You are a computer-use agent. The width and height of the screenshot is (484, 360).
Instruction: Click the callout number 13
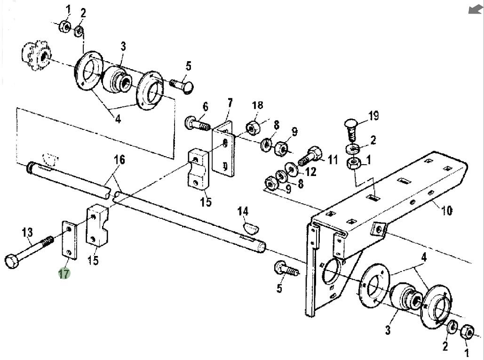coord(28,232)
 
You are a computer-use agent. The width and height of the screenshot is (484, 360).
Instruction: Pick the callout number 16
coord(119,160)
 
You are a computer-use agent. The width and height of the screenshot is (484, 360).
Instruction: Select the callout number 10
coord(447,210)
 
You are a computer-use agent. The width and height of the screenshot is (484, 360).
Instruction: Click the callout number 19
coord(373,115)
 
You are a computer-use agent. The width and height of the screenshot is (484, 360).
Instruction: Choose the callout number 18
coord(258,105)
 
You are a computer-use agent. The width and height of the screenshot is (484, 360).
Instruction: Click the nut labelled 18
coord(254,127)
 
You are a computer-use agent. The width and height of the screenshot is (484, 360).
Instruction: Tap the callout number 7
coord(230,103)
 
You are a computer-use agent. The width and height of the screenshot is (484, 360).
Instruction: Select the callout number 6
coord(205,107)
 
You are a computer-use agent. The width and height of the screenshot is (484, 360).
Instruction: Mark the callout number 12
coord(310,172)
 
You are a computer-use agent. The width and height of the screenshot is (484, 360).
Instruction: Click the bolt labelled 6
coord(196,124)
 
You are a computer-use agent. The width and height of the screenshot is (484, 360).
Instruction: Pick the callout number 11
coord(333,160)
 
